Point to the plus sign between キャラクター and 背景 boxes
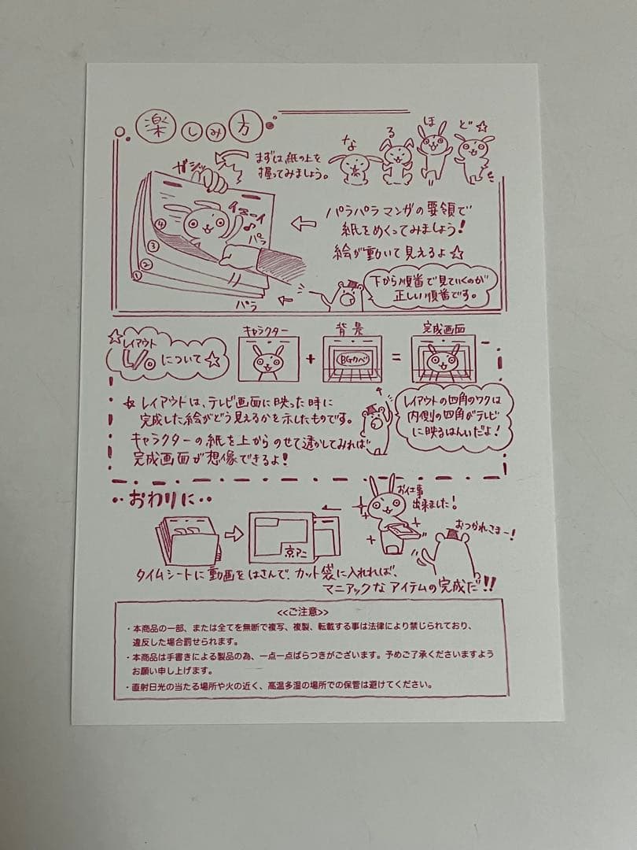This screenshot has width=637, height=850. coord(311,357)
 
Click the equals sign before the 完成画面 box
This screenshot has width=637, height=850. coord(396,357)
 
